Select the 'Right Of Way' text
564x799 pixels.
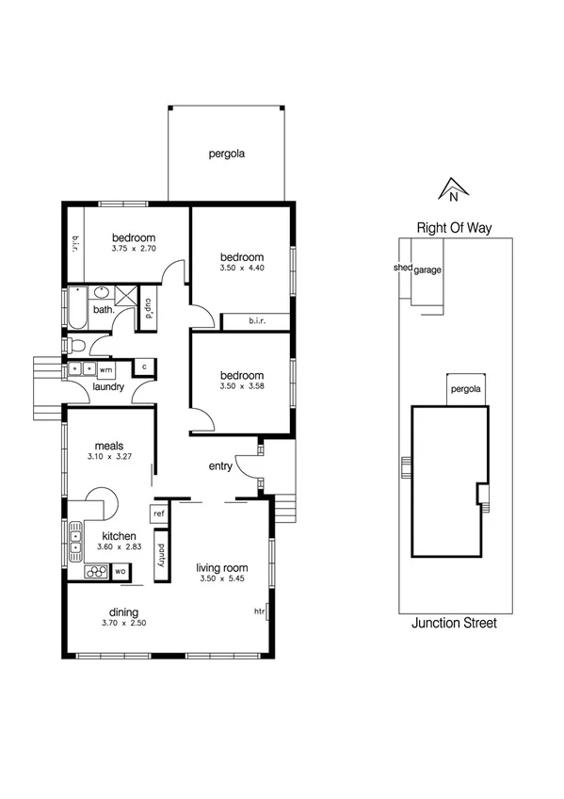point(455,227)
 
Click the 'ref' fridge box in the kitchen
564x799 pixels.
point(158,514)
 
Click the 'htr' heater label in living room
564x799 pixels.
point(261,611)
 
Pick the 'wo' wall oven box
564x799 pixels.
point(121,571)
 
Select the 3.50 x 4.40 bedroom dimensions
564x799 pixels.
point(242,269)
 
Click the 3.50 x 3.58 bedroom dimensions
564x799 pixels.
point(242,386)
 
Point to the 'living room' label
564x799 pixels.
point(221,567)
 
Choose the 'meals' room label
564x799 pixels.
point(110,447)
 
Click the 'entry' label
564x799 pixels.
point(221,465)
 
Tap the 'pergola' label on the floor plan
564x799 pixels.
point(227,154)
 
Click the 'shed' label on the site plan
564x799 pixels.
point(402,268)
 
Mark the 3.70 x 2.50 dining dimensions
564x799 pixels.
point(123,623)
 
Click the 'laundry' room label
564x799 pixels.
point(109,386)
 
